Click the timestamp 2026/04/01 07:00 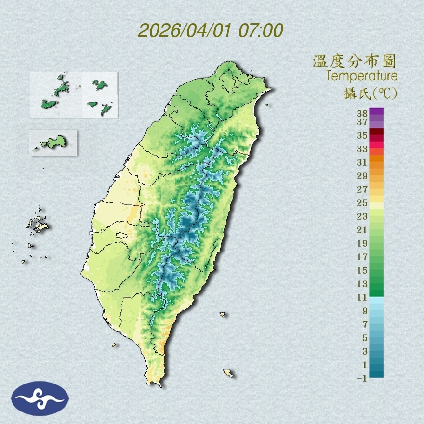[211, 30]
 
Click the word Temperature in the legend [361, 76]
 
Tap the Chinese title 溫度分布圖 [354, 61]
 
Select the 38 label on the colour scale [362, 114]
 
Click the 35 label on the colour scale [362, 136]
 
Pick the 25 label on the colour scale [362, 203]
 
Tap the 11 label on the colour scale [362, 298]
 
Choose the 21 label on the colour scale [362, 230]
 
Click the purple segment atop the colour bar [376, 112]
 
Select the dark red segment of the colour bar [376, 132]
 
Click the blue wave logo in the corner [40, 398]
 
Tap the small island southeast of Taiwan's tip [228, 373]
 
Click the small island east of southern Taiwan [223, 314]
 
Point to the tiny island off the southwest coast [114, 344]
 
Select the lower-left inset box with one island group [53, 142]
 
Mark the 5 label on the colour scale [365, 338]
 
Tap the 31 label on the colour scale [362, 162]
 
